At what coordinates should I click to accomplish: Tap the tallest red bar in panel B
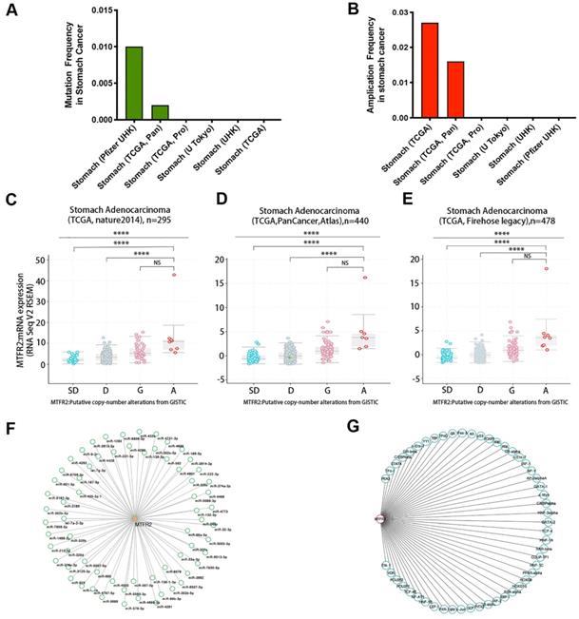click(430, 71)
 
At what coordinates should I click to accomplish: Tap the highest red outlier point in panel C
click(174, 275)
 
